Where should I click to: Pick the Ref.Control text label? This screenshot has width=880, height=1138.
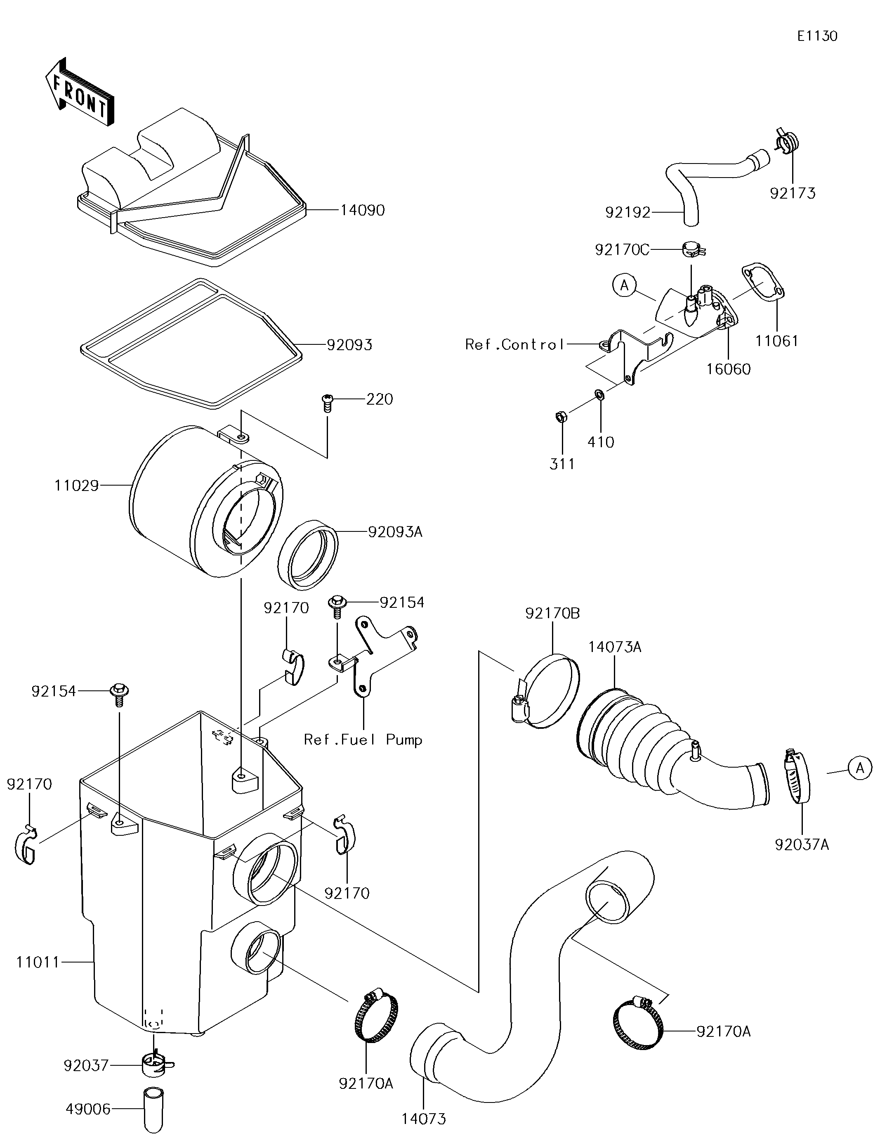(514, 345)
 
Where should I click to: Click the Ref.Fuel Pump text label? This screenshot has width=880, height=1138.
(363, 740)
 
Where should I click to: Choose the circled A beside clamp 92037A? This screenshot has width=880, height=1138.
(860, 768)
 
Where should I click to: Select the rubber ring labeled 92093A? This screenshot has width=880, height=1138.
(308, 555)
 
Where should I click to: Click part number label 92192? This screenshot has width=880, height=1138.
(628, 212)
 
